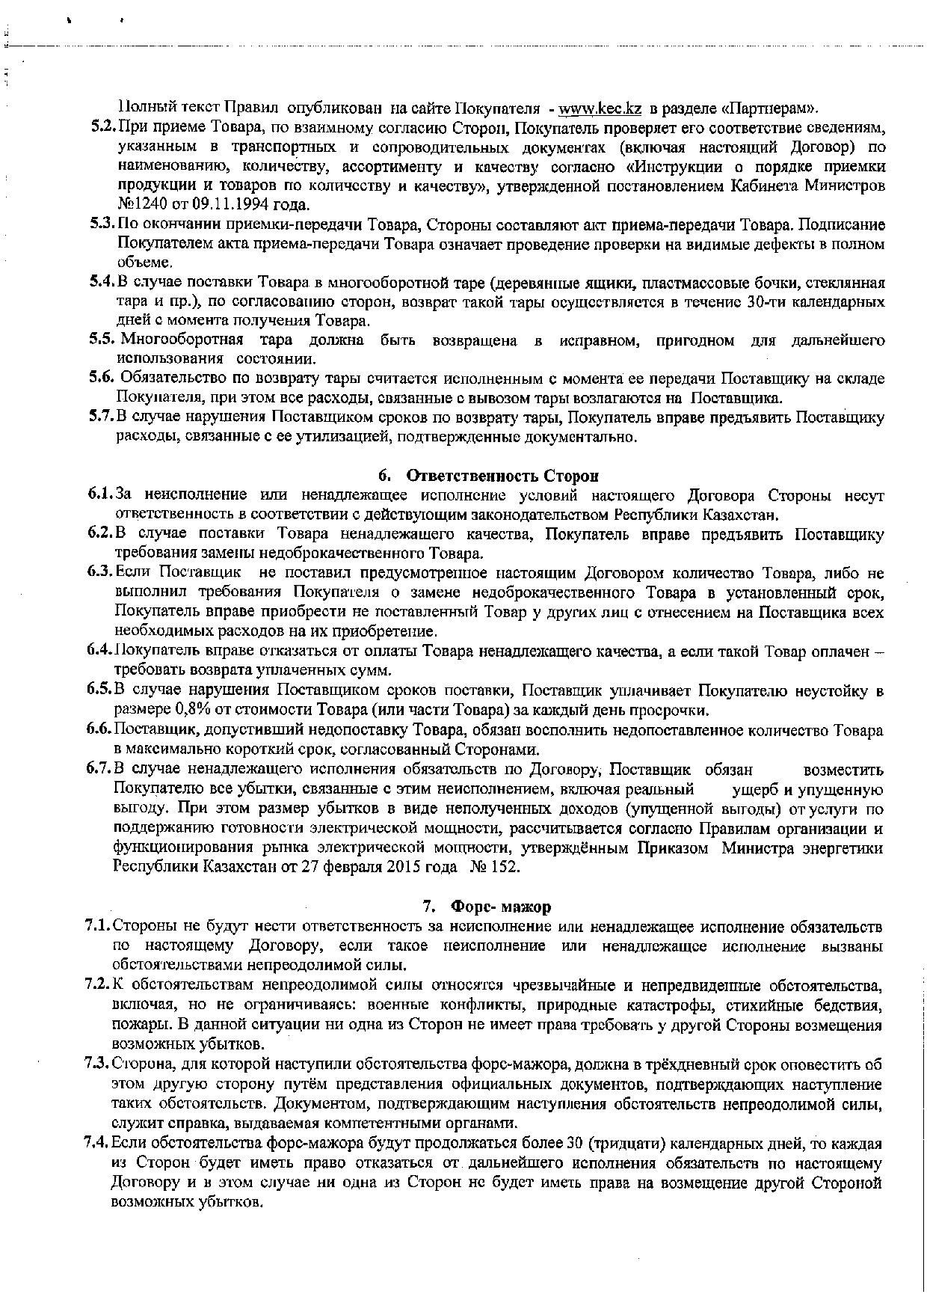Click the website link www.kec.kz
[600, 107]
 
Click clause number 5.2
[102, 126]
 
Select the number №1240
[138, 204]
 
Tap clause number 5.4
[102, 283]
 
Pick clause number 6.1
[99, 495]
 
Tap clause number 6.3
[99, 573]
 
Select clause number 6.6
[99, 729]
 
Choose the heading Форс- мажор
[500, 907]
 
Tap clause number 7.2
[98, 984]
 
